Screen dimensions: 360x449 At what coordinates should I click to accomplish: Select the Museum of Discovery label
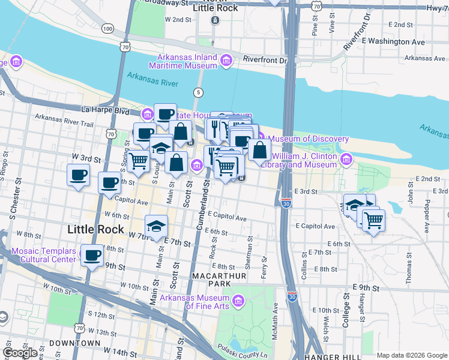tap(309, 139)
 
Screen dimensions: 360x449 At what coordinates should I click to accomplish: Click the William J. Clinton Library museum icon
tap(346, 159)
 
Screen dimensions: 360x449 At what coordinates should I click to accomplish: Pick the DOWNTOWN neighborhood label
tap(74, 343)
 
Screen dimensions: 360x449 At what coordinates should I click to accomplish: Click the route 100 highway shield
tap(107, 28)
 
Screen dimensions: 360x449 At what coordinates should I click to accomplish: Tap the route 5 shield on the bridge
tap(197, 92)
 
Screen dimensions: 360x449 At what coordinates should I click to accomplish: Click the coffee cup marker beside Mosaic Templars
tap(92, 256)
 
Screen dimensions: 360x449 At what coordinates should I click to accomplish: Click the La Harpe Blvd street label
tap(106, 110)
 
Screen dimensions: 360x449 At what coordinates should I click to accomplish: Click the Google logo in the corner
tap(20, 353)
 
